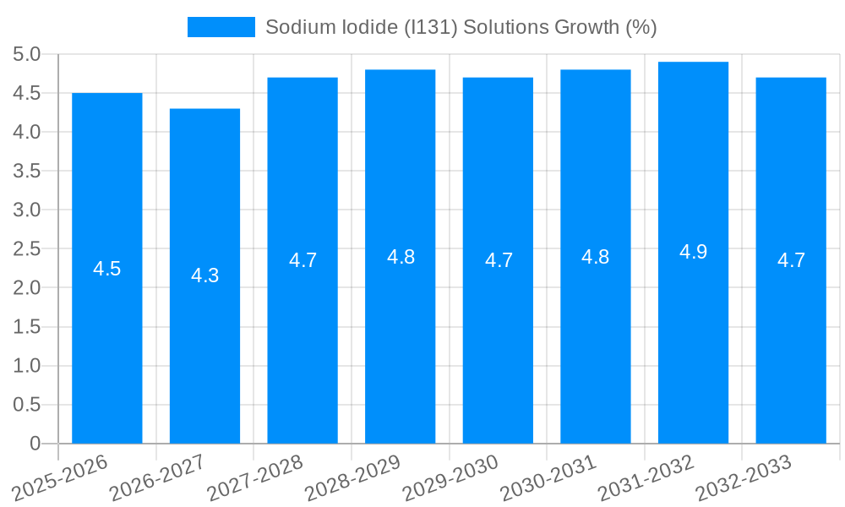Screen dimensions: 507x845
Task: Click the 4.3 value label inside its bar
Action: point(204,275)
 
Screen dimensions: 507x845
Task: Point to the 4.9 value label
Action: point(693,252)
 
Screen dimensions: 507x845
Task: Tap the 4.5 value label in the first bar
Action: point(107,270)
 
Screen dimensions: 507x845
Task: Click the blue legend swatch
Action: point(221,27)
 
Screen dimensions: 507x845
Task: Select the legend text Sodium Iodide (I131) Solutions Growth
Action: point(461,27)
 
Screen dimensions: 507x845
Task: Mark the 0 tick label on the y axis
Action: point(35,444)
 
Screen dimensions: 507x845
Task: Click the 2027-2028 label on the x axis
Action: point(255,478)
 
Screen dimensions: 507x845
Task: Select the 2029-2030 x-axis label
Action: point(450,478)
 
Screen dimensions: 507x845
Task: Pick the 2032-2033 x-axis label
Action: point(744,478)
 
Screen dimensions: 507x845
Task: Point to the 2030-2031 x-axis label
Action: point(548,478)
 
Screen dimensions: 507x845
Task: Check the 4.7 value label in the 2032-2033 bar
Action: point(791,260)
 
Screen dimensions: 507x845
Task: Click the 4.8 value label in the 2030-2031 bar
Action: point(595,257)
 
